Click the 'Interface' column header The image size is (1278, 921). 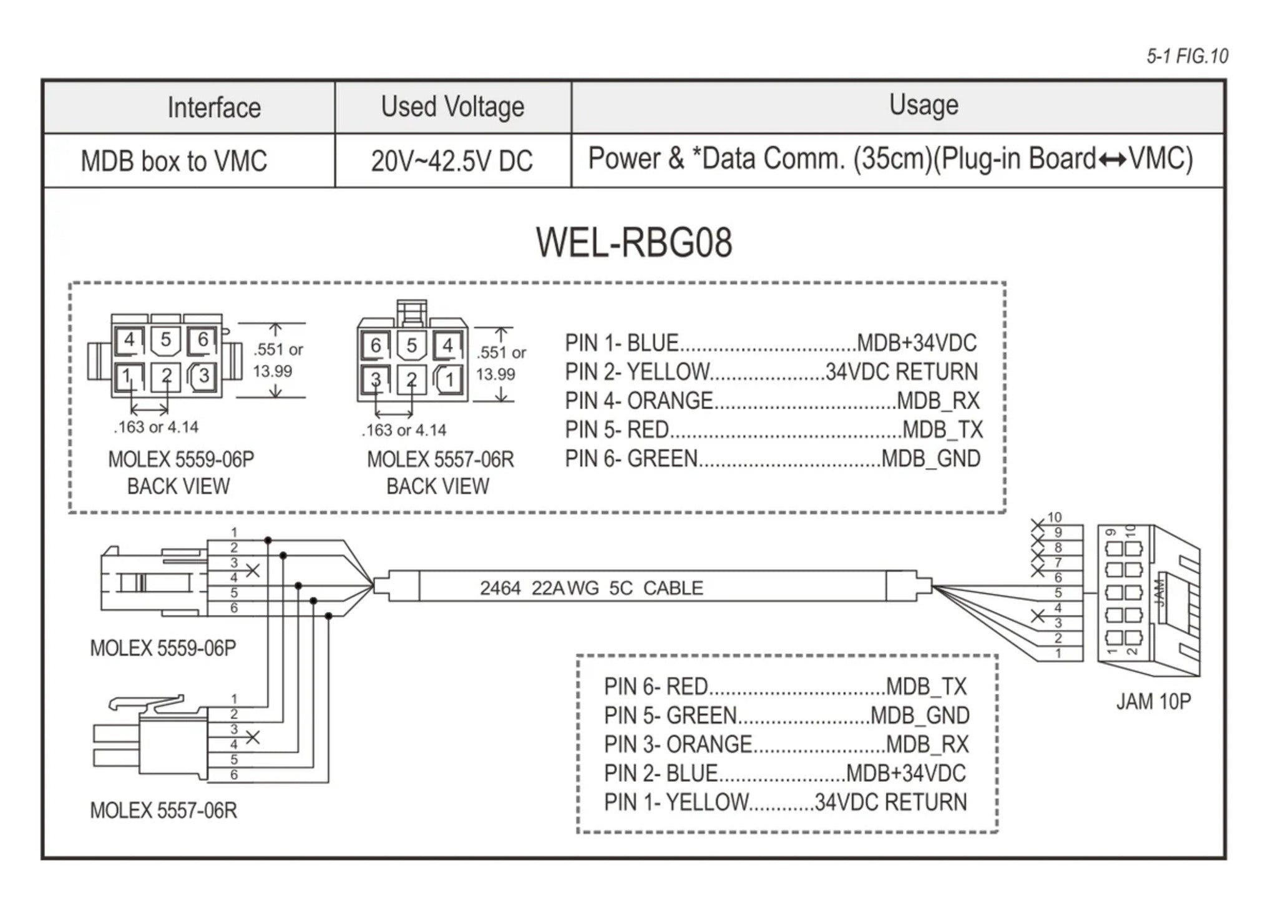tap(213, 107)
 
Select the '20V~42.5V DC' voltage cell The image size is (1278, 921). tap(452, 161)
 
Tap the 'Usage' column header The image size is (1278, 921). tap(923, 105)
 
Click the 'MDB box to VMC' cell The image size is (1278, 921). tap(173, 161)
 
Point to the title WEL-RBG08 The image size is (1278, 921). tap(633, 243)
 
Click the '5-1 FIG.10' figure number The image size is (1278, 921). tap(1187, 56)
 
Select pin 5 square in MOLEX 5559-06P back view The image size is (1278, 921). tap(165, 340)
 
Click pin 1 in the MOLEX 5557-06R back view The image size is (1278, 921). tap(449, 379)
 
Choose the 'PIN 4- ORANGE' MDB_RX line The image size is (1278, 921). tap(771, 401)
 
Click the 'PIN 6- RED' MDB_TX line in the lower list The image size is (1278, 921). tap(784, 686)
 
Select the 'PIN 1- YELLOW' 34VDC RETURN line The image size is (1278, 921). tap(784, 802)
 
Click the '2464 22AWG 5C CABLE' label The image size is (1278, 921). tap(591, 588)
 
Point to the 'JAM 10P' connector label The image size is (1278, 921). tap(1153, 701)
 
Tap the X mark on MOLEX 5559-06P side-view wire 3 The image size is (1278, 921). tap(253, 570)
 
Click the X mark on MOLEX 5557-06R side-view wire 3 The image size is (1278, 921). tap(253, 738)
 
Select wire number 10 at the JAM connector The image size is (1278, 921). tap(1055, 517)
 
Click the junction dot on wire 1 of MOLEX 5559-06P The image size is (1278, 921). tap(268, 540)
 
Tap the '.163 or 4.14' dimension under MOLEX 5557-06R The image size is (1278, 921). tap(404, 430)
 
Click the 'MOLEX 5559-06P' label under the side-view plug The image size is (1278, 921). tap(163, 648)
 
